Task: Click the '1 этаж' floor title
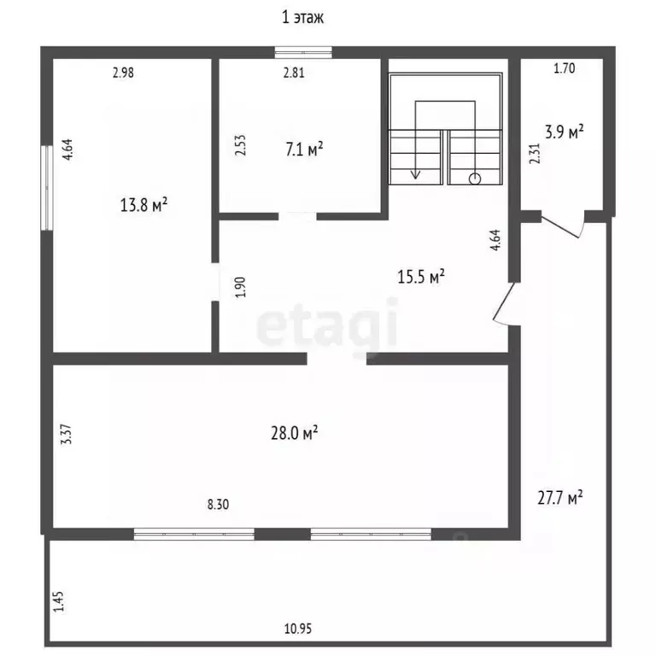302,18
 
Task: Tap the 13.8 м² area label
143,205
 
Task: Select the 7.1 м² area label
304,149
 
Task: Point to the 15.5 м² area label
421,277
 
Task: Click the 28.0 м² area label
295,433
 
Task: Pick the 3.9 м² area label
565,132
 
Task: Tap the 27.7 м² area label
560,498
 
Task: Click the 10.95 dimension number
298,629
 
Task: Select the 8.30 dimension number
218,504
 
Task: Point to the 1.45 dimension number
59,601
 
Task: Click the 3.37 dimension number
67,435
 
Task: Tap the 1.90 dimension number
241,287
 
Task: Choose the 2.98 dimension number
123,73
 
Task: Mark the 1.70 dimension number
565,68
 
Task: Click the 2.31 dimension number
535,154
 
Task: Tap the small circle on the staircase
475,179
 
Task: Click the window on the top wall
303,52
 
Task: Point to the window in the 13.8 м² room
47,187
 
